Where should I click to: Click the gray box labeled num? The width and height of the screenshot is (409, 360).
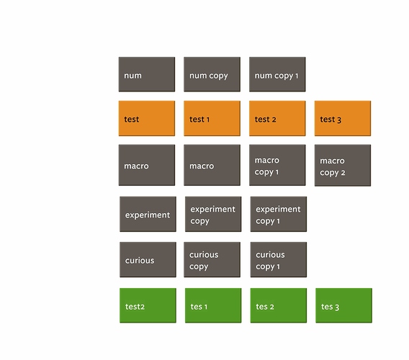click(x=147, y=74)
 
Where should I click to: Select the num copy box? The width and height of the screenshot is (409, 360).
click(x=212, y=74)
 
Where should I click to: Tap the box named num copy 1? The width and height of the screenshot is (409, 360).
click(x=277, y=74)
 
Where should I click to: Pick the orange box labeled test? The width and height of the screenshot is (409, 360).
click(x=147, y=118)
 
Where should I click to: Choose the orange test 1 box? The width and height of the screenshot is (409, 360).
click(x=212, y=118)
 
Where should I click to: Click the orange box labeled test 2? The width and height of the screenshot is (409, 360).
click(x=277, y=118)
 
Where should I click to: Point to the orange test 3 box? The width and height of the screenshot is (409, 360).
click(x=343, y=118)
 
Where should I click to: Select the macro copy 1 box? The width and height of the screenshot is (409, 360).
click(x=277, y=165)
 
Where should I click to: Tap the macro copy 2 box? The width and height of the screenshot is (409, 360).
click(x=343, y=166)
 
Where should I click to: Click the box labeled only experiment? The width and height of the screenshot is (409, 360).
click(x=148, y=214)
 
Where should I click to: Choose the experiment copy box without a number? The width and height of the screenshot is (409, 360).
click(x=213, y=214)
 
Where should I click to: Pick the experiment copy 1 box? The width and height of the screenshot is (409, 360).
click(x=279, y=214)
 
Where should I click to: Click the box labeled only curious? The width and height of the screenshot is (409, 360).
click(x=148, y=260)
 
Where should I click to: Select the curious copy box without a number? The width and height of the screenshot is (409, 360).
click(x=212, y=260)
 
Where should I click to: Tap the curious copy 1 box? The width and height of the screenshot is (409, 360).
click(x=279, y=260)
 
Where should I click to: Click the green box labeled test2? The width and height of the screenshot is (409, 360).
click(x=148, y=305)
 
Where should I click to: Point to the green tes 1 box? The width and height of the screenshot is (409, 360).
click(x=213, y=305)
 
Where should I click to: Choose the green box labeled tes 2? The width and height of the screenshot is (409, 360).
click(x=279, y=305)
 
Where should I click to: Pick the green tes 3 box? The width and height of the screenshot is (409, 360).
click(x=343, y=305)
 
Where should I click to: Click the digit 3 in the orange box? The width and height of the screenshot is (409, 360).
click(x=339, y=120)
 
